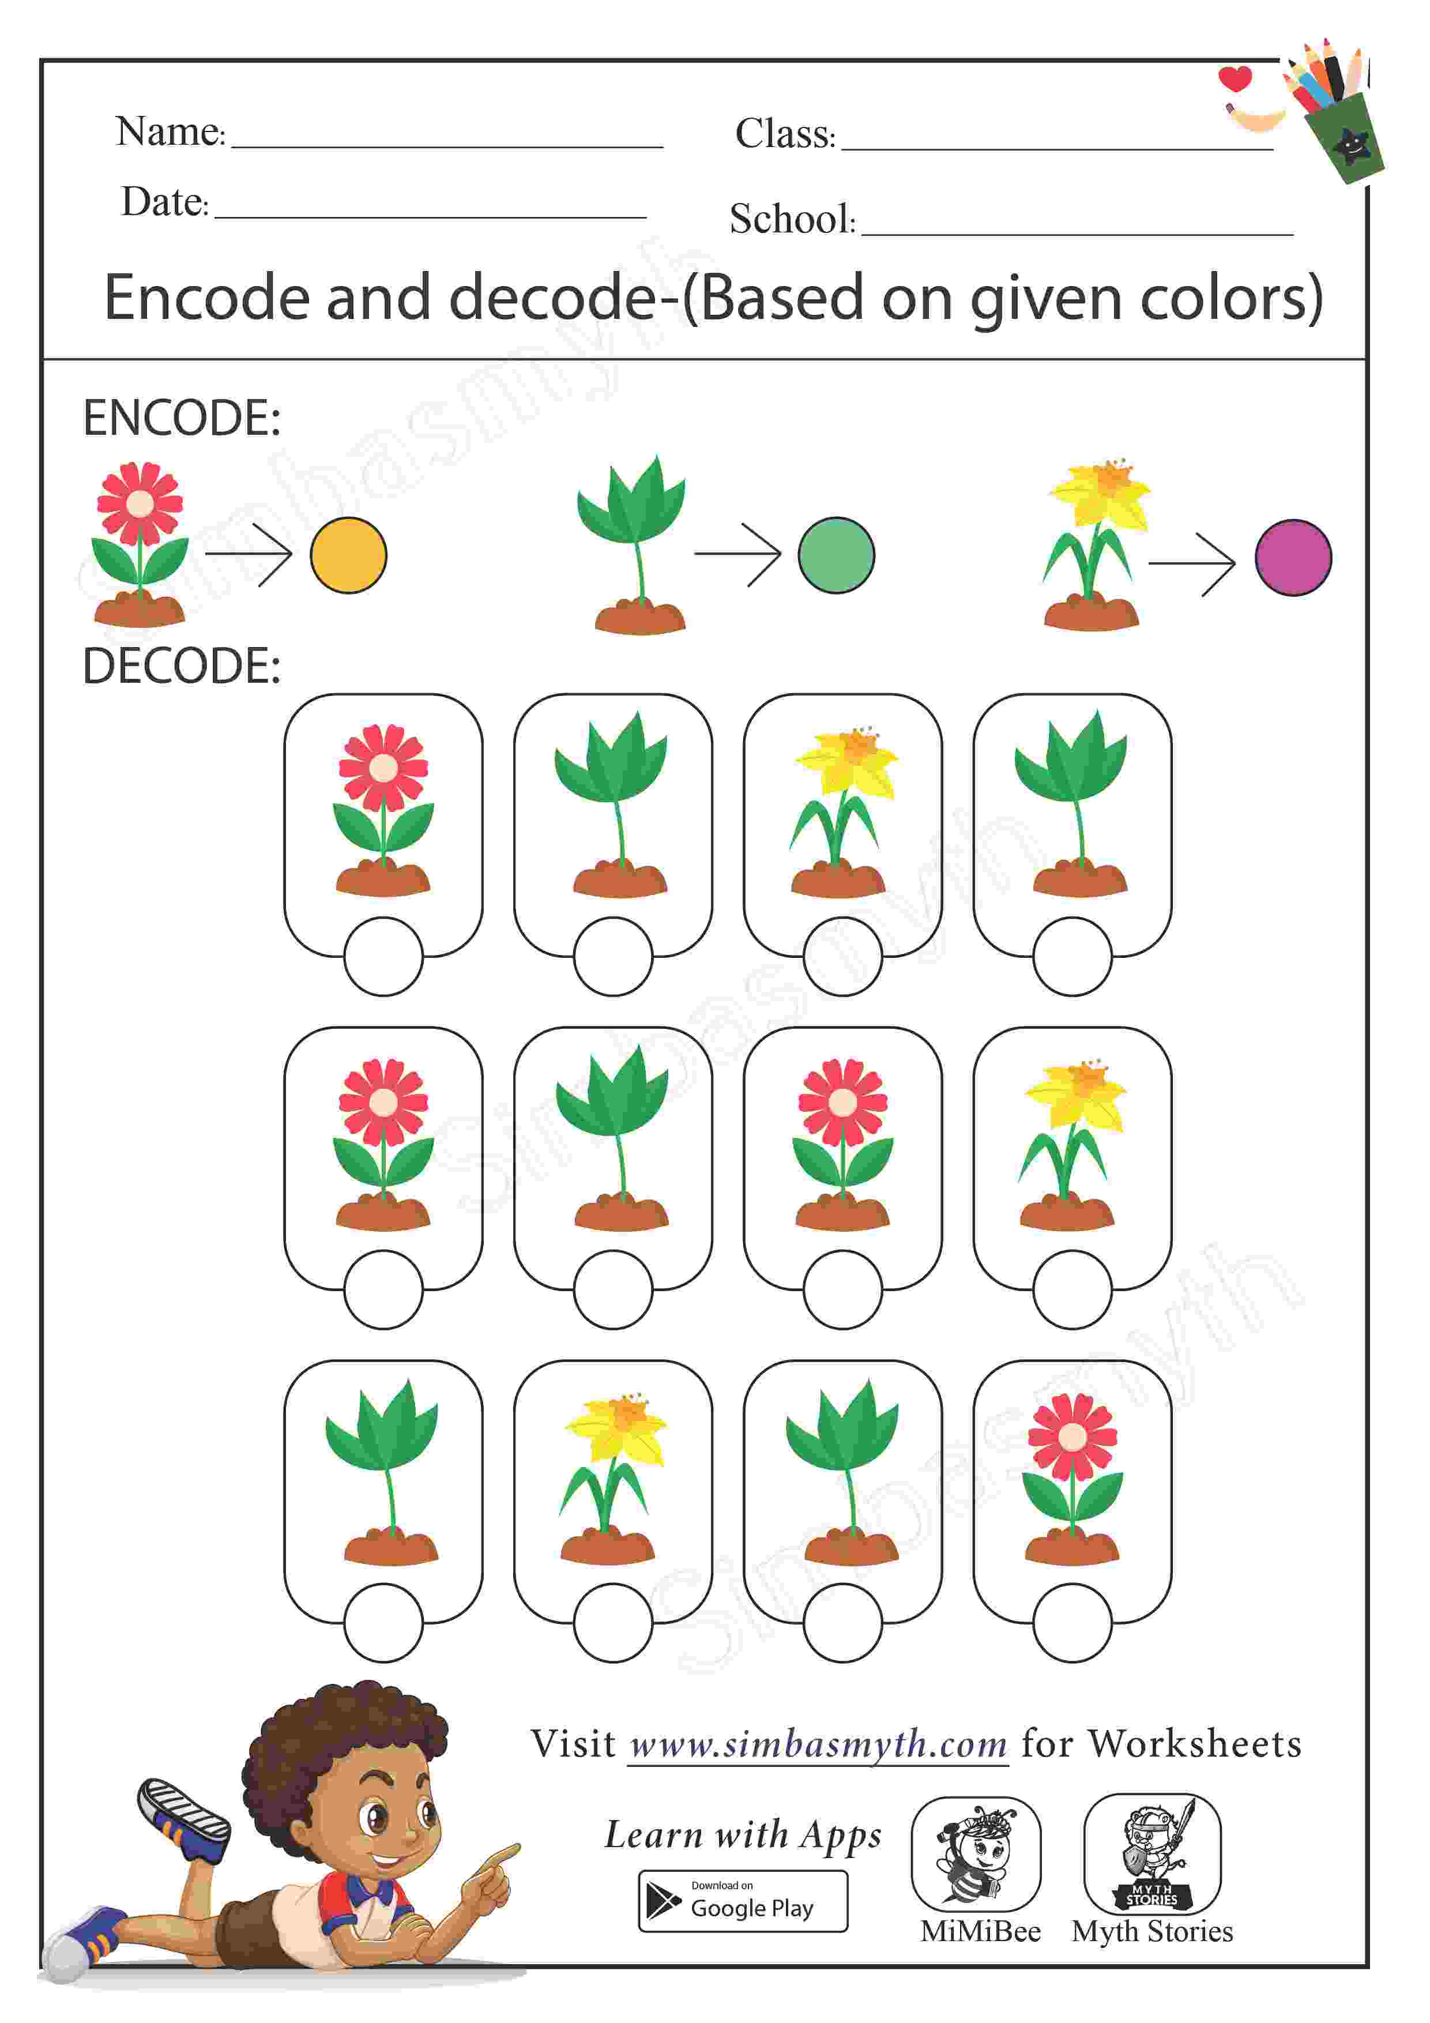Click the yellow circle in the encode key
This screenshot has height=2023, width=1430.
348,555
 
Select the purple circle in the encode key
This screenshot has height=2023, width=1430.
1293,558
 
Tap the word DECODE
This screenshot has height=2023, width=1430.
182,666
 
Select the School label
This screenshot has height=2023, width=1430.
791,219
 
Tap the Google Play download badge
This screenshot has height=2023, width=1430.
742,1901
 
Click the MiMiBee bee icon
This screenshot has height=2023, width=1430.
976,1853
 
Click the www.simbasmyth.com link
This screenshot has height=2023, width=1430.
818,1744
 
